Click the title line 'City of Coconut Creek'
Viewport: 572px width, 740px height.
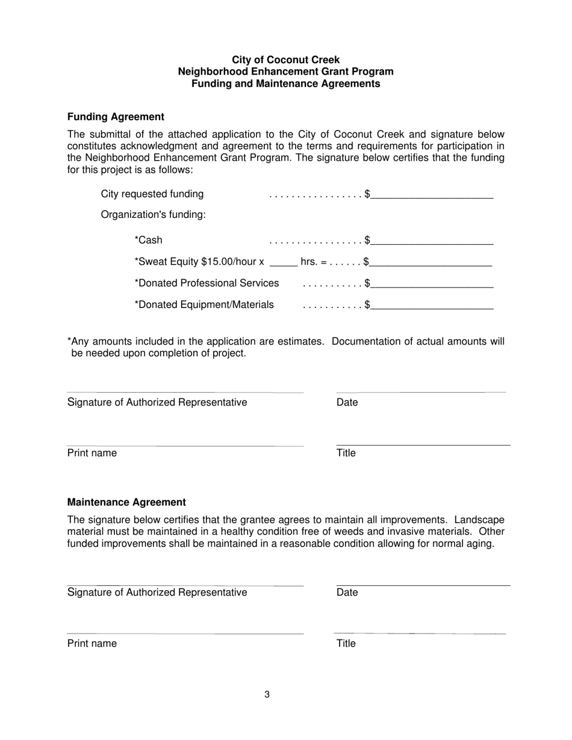coord(285,60)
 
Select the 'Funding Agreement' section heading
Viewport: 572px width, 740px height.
coord(116,117)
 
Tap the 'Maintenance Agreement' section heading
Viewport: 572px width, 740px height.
coord(126,502)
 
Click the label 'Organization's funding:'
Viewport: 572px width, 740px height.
coord(154,215)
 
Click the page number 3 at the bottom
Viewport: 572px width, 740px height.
coord(267,695)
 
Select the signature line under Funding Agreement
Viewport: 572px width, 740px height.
coord(185,392)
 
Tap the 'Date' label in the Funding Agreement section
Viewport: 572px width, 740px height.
coord(347,402)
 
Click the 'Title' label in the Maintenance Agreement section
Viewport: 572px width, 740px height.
coord(346,644)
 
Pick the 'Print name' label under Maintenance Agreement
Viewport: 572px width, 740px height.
coord(92,644)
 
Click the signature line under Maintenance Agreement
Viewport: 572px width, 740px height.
coord(185,585)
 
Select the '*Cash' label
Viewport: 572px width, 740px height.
coord(148,241)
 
